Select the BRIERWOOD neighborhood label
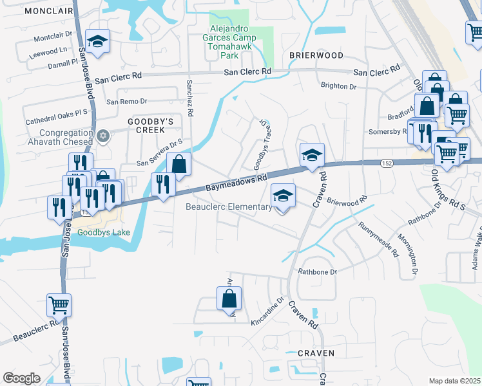tap(316, 55)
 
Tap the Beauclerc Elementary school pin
tap(283, 195)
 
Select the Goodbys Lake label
tap(103, 232)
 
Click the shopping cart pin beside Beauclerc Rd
tap(59, 304)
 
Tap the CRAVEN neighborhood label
tap(316, 353)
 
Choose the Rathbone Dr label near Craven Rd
tap(317, 272)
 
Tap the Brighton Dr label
tap(338, 86)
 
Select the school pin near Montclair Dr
tap(98, 42)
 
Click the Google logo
tap(21, 378)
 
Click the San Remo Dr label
tap(127, 102)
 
